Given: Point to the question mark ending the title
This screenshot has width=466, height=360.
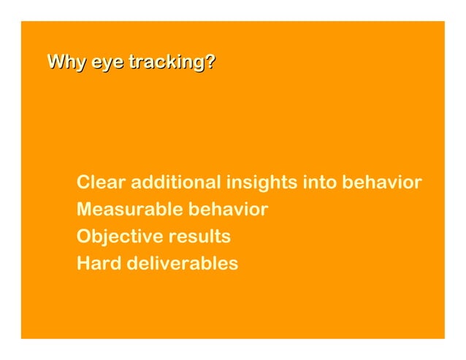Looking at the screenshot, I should [210, 62].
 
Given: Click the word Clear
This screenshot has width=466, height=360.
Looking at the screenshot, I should [102, 182].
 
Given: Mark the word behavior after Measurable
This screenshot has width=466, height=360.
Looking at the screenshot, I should [229, 210].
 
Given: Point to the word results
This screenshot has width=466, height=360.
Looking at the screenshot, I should [199, 237].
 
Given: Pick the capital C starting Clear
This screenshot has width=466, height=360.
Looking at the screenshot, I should [83, 182].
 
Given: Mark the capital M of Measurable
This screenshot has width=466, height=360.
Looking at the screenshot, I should [85, 210].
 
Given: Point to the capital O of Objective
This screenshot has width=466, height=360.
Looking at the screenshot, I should [84, 237].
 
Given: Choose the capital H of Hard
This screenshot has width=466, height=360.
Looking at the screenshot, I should [83, 263].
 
